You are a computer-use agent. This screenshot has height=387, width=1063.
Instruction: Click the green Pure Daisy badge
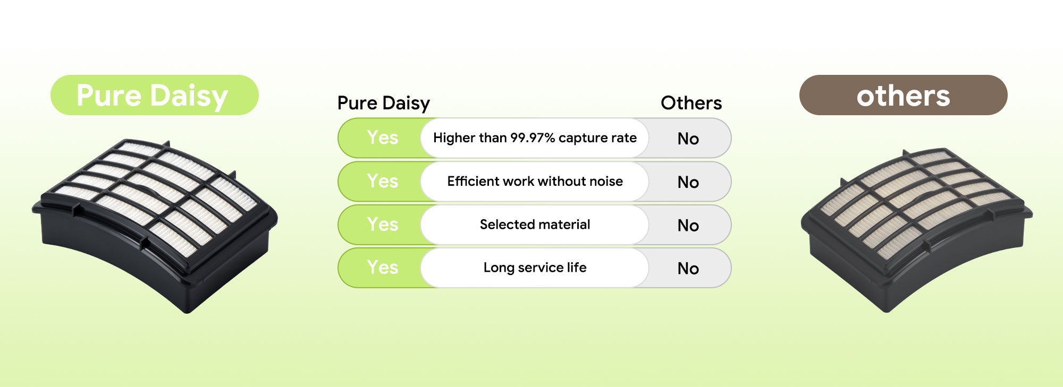pos(155,95)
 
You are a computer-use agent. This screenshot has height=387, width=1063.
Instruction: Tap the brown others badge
pos(903,95)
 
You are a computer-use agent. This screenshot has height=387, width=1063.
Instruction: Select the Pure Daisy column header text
pos(383,103)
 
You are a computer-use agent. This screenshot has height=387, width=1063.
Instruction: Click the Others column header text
pos(691,102)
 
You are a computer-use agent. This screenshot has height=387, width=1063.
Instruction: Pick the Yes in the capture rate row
pos(382,137)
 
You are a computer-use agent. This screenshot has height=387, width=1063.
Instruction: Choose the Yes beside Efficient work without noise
pos(382,181)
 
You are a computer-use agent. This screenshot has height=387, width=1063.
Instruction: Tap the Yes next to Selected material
pos(382,224)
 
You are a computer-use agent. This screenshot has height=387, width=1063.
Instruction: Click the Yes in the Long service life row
pos(382,267)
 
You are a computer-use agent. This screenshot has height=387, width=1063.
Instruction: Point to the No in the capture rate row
pos(688,139)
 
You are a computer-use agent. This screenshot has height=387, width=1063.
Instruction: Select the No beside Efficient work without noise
pos(688,182)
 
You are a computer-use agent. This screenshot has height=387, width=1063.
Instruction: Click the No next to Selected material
pos(688,225)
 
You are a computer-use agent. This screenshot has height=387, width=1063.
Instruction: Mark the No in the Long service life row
pos(688,268)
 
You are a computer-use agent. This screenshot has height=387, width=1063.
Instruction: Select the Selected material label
pos(535,224)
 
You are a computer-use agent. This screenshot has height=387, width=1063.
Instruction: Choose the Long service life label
pos(535,268)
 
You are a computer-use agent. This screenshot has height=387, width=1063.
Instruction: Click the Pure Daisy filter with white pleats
pos(155,226)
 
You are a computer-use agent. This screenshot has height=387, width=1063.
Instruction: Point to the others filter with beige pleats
pos(916,229)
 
